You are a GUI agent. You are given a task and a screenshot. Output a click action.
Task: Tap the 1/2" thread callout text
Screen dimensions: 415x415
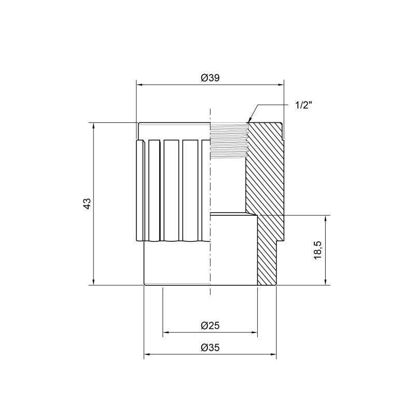click(304, 105)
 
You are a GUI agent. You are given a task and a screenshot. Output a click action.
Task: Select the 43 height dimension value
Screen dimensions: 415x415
click(88, 203)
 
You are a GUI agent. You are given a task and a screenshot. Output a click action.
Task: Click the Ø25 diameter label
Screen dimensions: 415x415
click(210, 325)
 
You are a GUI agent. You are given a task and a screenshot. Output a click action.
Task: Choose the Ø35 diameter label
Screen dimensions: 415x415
click(210, 348)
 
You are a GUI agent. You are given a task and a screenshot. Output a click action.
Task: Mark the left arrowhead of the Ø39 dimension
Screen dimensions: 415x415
click(139, 84)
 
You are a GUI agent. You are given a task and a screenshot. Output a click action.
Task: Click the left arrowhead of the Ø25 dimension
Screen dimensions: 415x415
click(166, 332)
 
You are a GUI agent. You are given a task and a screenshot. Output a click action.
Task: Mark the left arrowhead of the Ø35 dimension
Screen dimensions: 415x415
click(147, 355)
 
